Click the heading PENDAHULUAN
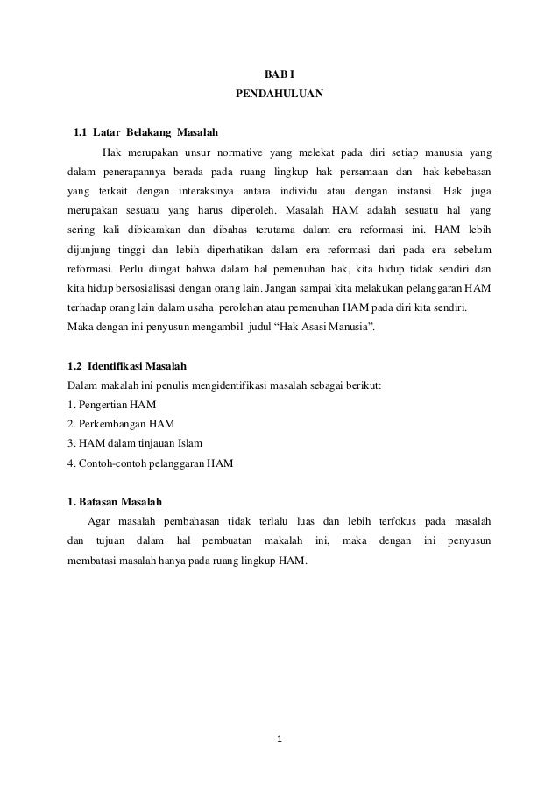(x=279, y=94)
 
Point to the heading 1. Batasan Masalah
(x=115, y=501)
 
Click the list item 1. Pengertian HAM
(x=109, y=405)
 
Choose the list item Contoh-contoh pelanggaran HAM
(x=151, y=463)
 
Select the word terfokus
(x=395, y=520)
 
